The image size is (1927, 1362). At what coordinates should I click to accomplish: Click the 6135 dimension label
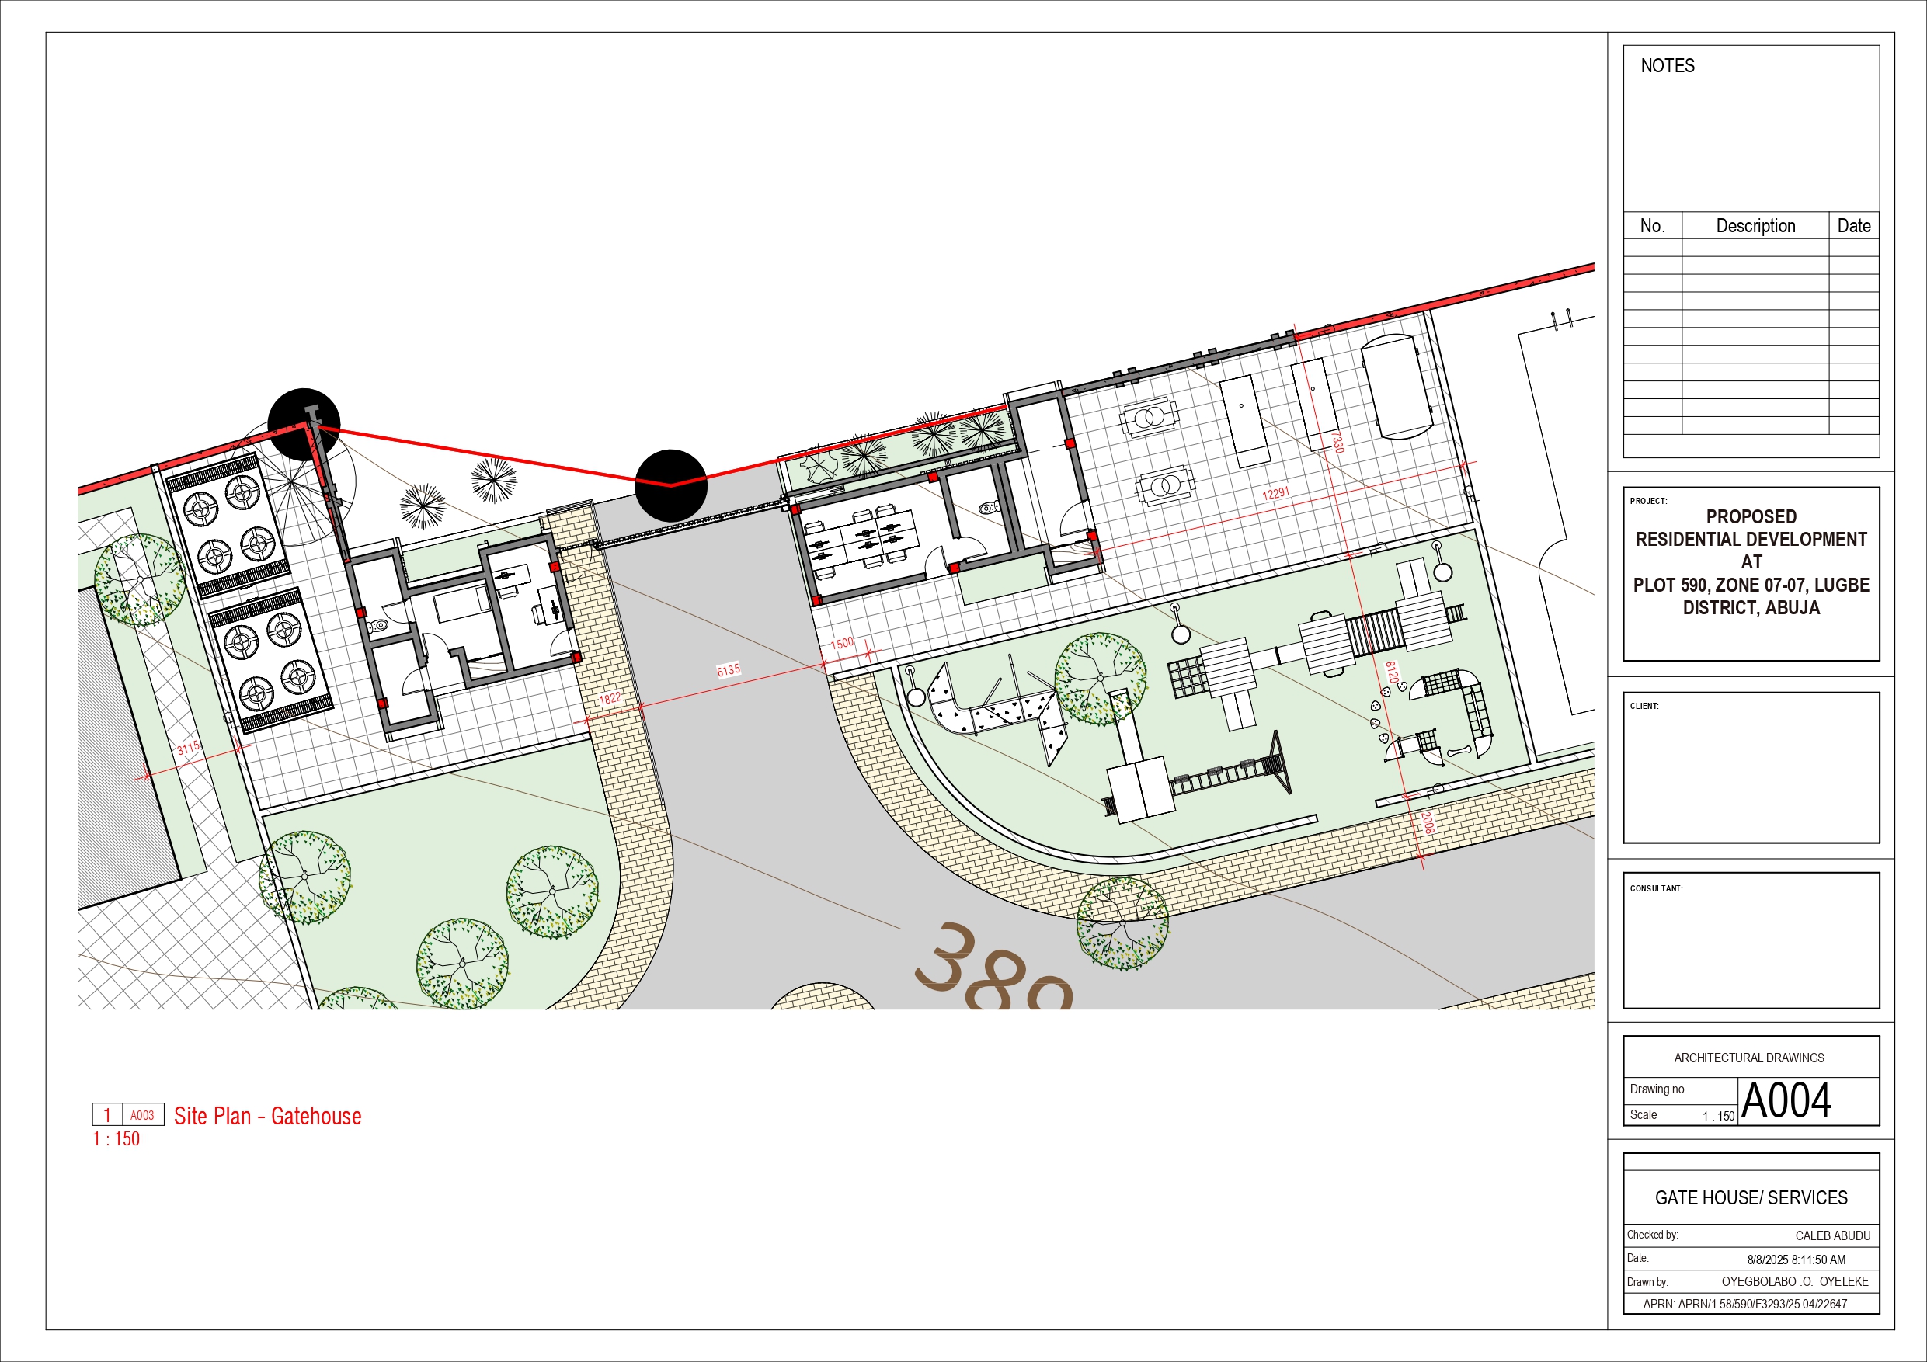729,669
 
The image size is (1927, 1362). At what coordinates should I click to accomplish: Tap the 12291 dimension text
1275,493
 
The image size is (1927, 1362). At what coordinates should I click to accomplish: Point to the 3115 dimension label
189,747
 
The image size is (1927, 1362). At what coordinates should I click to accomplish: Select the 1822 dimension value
610,698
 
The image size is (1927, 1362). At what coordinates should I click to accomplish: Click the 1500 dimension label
842,644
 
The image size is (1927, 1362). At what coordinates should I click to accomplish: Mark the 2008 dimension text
1428,822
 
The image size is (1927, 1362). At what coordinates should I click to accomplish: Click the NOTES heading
1667,65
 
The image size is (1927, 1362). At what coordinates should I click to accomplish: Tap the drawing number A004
1786,1100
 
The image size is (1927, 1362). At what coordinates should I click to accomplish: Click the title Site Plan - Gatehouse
268,1116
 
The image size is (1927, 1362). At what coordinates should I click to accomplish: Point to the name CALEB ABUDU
1833,1235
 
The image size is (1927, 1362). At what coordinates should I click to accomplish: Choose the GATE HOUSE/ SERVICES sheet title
1751,1197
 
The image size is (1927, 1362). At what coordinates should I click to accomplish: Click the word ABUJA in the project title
1793,607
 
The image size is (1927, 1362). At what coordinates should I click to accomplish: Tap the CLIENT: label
1644,706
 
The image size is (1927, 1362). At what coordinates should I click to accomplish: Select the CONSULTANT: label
1656,888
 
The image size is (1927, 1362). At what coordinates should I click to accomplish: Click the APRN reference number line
1745,1304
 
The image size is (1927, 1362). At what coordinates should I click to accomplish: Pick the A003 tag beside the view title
142,1115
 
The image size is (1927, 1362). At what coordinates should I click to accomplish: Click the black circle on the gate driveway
670,485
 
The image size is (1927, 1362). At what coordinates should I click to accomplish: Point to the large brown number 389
994,968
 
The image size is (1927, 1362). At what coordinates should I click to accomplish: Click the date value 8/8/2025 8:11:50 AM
1796,1260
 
